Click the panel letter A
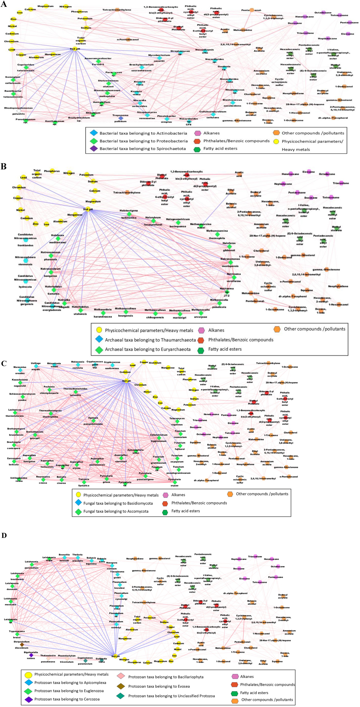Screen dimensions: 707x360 [4, 5]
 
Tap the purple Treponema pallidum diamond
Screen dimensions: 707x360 [121, 118]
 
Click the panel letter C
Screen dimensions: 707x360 [4, 363]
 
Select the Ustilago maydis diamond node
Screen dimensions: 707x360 [36, 366]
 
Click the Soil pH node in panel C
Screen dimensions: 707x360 [126, 381]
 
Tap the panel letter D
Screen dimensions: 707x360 [4, 535]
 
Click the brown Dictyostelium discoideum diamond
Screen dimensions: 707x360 [22, 644]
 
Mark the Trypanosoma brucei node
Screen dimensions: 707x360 [17, 634]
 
